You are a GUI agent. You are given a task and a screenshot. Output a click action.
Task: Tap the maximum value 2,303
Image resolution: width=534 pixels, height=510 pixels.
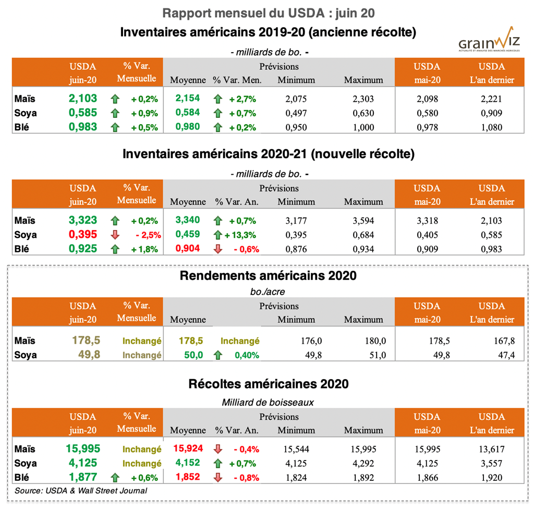[363, 99]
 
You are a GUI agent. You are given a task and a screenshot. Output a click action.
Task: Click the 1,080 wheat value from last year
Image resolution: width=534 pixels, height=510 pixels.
[492, 127]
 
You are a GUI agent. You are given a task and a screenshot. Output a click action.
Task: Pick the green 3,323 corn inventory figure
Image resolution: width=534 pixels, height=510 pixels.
[83, 221]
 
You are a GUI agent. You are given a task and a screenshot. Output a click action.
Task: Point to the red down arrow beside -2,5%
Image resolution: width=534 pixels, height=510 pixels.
[115, 235]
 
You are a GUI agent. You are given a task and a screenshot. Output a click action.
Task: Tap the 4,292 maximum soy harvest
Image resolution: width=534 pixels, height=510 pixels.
[363, 463]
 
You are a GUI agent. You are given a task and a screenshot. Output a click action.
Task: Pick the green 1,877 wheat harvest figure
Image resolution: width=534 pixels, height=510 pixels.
[83, 477]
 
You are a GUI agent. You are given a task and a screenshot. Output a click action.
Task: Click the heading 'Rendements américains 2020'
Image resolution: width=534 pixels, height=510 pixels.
[268, 276]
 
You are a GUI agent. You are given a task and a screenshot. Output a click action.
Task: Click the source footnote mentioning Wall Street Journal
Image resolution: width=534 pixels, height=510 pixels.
[81, 491]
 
